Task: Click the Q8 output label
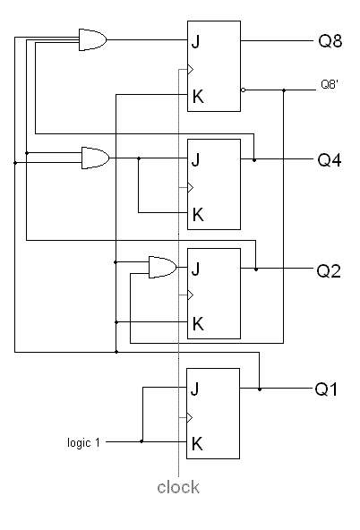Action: [330, 40]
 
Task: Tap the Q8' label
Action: [330, 84]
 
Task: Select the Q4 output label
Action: [330, 159]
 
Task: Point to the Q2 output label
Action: [329, 270]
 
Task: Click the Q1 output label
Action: [326, 389]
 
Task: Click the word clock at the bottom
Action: [178, 487]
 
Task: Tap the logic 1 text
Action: [83, 442]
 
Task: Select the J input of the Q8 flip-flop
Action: [196, 42]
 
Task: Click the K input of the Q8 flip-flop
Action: [198, 97]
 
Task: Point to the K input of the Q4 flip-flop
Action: [198, 215]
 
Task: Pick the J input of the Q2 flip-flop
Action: [196, 269]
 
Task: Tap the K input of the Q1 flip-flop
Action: [197, 444]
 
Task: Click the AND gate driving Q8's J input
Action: [92, 40]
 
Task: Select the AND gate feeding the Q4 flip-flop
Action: [95, 158]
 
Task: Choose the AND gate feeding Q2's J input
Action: [163, 268]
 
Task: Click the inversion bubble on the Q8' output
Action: [243, 90]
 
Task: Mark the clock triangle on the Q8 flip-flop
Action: [191, 70]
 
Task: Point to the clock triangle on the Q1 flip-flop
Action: [190, 418]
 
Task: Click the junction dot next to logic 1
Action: [141, 441]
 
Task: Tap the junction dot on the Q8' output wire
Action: [284, 90]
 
